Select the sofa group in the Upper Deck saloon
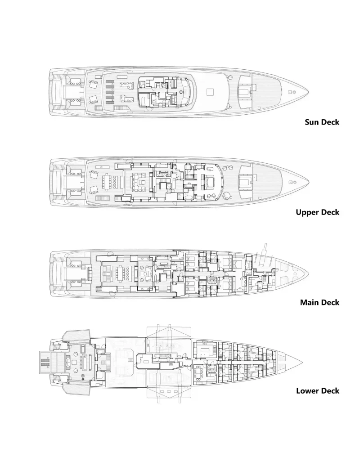(139, 182)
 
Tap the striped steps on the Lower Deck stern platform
(45, 362)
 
